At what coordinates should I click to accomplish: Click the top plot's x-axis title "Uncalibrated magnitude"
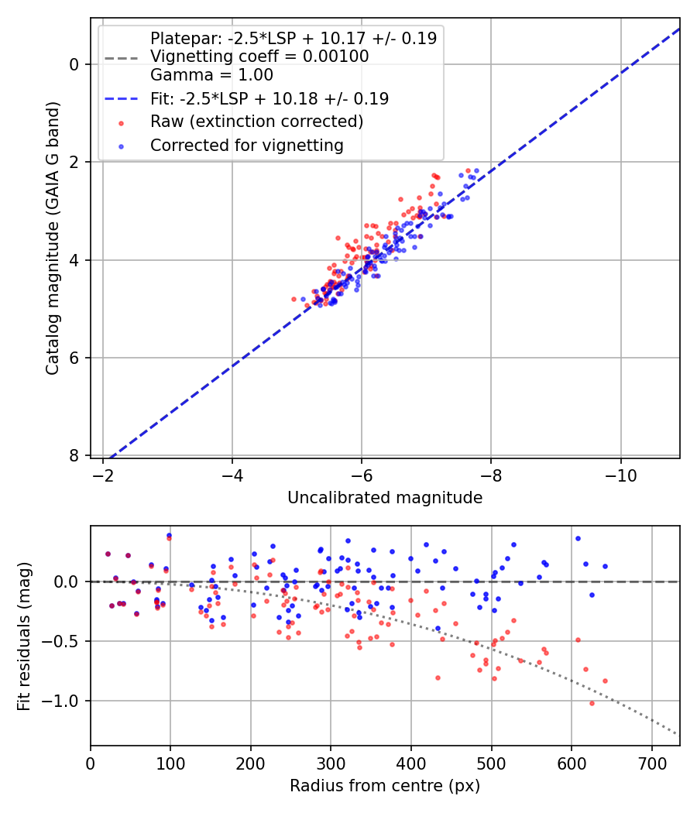click(x=385, y=498)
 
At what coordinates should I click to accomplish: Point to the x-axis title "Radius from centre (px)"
click(x=385, y=786)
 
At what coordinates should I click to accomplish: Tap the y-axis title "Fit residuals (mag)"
click(x=24, y=636)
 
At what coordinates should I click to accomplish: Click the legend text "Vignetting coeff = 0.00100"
click(x=259, y=57)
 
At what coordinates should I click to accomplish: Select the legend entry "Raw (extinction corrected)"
click(x=256, y=122)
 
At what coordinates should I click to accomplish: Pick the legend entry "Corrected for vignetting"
click(x=246, y=145)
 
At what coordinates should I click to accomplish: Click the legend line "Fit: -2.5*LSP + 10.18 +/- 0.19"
click(x=270, y=99)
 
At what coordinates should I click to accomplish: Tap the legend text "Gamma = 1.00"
click(x=211, y=76)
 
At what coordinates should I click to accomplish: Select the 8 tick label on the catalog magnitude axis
click(x=74, y=455)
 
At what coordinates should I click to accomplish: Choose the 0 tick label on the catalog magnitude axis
click(x=74, y=64)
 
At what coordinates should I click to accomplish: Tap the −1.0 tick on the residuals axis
click(x=65, y=701)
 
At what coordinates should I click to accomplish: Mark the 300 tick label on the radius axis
click(x=331, y=762)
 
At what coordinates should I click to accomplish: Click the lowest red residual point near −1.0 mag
click(x=592, y=703)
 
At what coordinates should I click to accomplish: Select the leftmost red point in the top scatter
click(x=294, y=299)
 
